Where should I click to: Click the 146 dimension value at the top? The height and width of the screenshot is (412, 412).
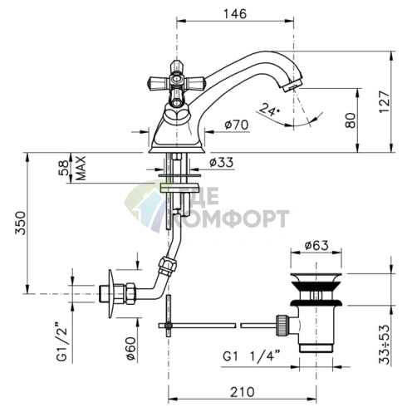coord(235,13)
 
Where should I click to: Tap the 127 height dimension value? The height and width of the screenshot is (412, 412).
coord(385,101)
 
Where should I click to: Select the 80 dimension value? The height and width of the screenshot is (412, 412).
coord(351,120)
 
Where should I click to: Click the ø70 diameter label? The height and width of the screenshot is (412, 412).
coord(237,125)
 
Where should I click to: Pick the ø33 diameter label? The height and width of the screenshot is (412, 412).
coord(221,163)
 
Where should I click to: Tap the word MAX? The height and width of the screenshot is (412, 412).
coord(81,168)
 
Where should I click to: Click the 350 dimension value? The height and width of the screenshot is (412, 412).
coord(20,223)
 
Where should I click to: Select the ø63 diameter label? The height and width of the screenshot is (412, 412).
coord(316,245)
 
